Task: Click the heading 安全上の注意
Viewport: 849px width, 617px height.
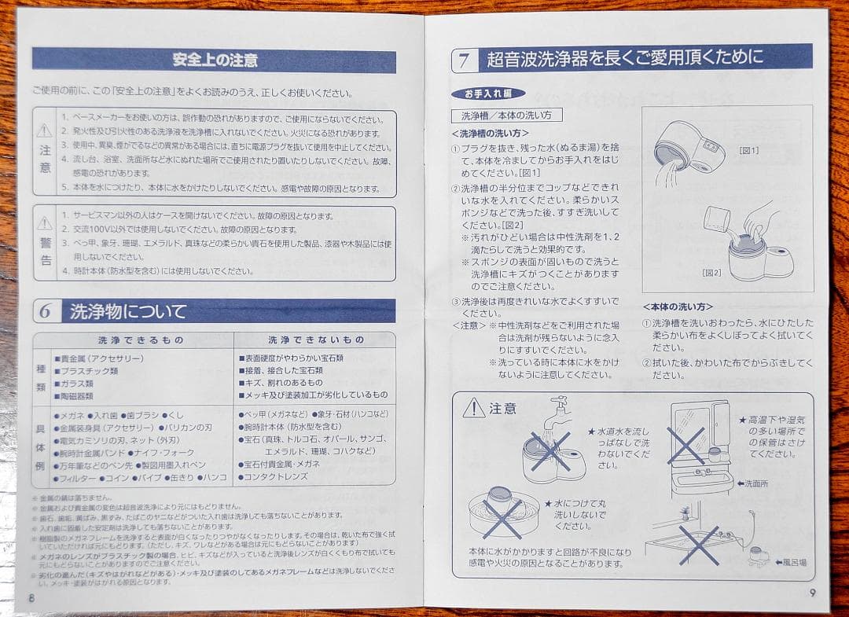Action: [214, 60]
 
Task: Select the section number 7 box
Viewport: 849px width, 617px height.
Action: [465, 60]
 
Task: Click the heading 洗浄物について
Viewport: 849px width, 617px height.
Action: [128, 311]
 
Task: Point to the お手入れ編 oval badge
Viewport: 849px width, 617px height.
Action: [488, 94]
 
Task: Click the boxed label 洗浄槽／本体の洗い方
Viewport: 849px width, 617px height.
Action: [506, 115]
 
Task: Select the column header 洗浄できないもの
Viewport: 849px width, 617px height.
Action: [316, 340]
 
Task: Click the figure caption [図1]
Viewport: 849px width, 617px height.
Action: [749, 150]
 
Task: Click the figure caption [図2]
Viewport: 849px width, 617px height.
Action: [711, 273]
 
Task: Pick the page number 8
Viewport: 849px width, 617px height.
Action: [31, 597]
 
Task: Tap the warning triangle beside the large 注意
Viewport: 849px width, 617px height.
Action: [473, 408]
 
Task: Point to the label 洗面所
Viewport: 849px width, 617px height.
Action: [752, 484]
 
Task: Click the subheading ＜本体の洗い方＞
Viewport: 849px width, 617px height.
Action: [678, 307]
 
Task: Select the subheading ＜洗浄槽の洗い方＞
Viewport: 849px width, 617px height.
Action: [491, 134]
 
